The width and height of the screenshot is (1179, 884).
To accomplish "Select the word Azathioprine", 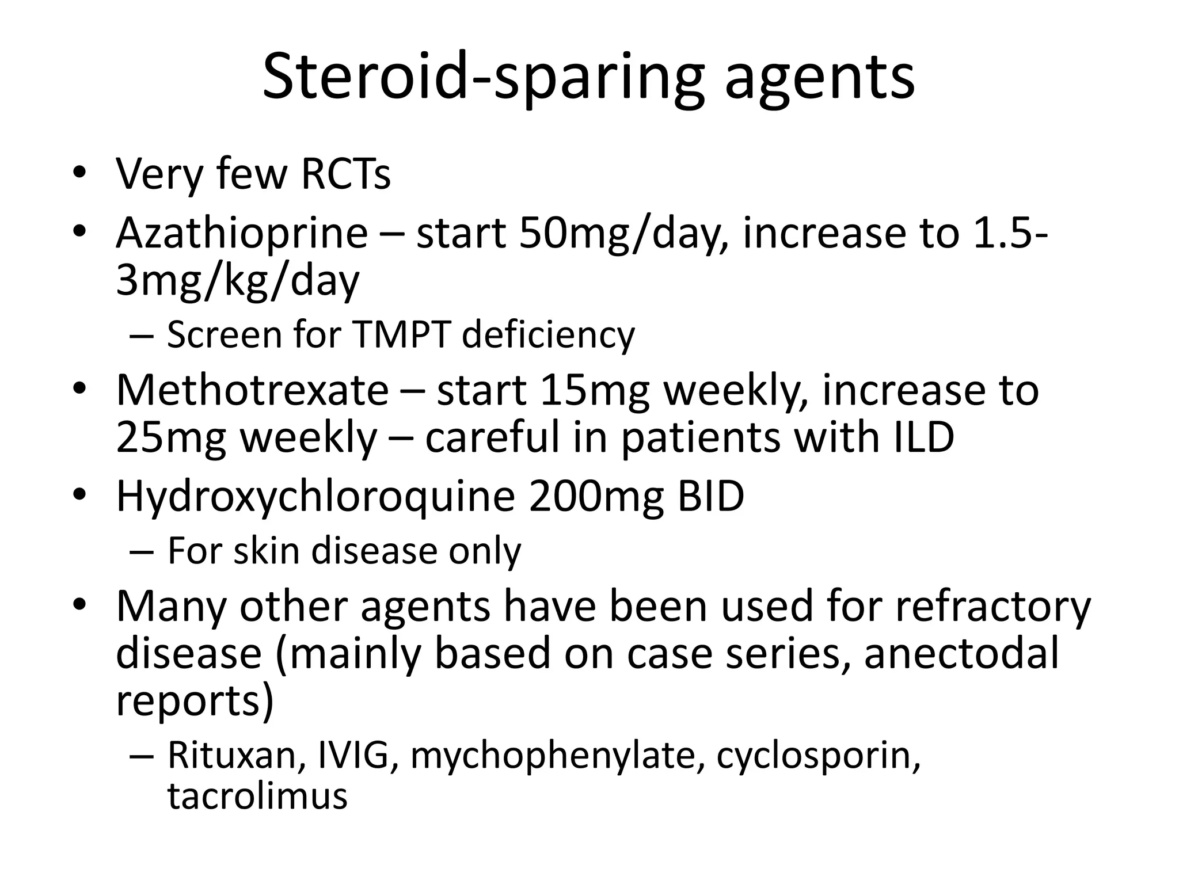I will point(242,234).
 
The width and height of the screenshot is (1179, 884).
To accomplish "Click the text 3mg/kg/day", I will point(237,282).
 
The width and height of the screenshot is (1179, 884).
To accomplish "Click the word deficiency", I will point(548,336).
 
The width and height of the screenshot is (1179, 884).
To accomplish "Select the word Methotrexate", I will point(252,390).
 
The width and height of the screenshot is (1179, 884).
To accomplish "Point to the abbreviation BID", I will point(710,496).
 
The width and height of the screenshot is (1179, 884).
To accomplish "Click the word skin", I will point(267,551).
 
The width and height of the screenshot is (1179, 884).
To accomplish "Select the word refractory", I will point(992,607).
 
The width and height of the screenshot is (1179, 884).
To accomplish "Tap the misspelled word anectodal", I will point(961,654).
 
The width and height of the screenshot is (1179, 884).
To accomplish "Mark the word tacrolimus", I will point(257,796).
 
